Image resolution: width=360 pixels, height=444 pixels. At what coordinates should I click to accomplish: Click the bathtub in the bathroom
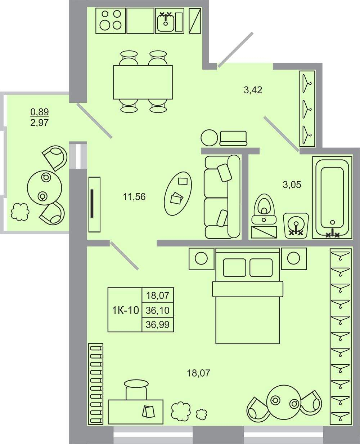click(x=332, y=197)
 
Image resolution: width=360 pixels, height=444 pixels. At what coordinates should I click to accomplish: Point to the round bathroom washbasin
click(x=296, y=225)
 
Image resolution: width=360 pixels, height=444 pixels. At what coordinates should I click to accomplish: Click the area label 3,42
click(x=253, y=90)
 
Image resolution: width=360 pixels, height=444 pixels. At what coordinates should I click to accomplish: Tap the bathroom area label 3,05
click(x=292, y=185)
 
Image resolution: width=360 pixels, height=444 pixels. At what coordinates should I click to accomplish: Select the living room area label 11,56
click(x=134, y=196)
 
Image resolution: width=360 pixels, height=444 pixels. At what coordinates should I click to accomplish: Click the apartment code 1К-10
click(x=126, y=310)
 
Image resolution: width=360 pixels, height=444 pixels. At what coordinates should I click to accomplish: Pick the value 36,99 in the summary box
click(x=158, y=325)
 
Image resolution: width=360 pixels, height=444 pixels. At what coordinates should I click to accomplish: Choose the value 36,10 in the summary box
click(x=158, y=310)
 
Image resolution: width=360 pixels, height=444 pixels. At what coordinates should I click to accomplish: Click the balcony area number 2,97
click(x=39, y=123)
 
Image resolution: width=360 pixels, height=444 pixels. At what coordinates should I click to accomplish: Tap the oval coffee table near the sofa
click(x=178, y=194)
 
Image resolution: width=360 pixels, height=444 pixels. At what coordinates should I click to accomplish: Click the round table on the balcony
click(x=44, y=188)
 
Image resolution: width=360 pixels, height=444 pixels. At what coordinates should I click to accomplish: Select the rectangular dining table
click(x=143, y=82)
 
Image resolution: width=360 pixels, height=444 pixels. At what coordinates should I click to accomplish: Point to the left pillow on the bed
click(x=234, y=268)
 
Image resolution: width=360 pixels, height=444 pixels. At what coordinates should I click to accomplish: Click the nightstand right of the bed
click(x=294, y=259)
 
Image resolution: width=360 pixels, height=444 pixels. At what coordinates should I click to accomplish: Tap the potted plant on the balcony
click(x=20, y=212)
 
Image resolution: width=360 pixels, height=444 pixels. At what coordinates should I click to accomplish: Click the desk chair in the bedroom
click(x=136, y=390)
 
